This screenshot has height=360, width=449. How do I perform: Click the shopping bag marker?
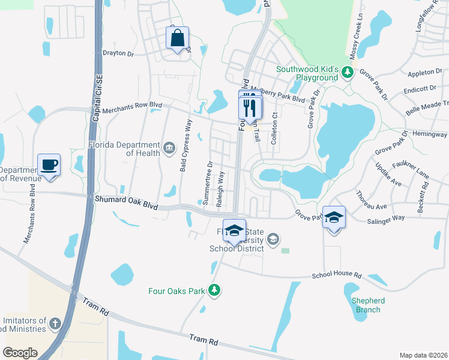tap(178, 39)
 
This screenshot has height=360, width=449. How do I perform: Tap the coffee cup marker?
tap(49, 165)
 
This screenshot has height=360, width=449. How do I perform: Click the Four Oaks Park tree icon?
tap(214, 291)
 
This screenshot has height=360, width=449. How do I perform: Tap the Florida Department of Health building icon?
tap(170, 146)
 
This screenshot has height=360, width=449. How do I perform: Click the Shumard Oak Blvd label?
tap(126, 202)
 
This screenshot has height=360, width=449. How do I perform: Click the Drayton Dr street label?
tap(118, 53)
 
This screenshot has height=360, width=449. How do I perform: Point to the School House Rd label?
tap(336, 275)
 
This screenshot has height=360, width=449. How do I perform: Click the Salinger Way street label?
tap(386, 221)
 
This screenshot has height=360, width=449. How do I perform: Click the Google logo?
tap(20, 352)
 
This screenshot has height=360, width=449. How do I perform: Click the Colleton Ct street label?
tap(275, 123)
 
